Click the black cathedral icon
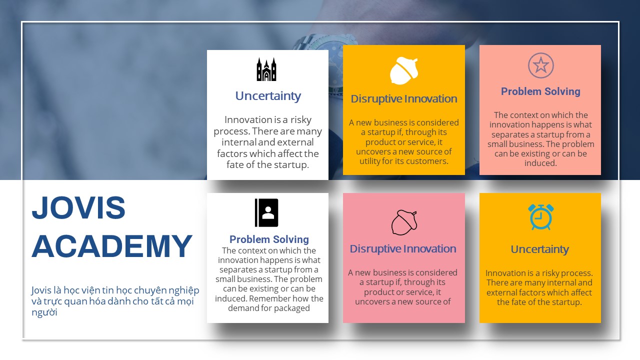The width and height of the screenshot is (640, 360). point(266,69)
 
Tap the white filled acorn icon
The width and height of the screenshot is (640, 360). point(403,70)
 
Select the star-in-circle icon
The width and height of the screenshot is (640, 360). point(540,65)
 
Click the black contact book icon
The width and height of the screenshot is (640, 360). point(266,212)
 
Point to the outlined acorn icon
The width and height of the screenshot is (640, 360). point(404,222)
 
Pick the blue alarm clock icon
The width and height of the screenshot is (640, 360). point(540,217)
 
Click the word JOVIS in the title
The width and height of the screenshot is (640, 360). point(78,207)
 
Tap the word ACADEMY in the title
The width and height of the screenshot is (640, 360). point(111,246)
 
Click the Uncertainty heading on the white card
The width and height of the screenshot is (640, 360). point(268,95)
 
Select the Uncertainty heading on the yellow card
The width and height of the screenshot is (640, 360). point(539,249)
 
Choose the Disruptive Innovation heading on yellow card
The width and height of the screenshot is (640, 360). point(403,99)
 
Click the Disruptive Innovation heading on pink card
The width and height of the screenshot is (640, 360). point(403,249)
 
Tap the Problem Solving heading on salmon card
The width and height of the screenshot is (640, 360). point(540,91)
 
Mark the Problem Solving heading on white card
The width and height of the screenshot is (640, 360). point(269,239)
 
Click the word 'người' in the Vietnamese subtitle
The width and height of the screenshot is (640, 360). point(44,312)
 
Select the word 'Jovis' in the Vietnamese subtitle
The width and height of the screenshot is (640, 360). point(41,290)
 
